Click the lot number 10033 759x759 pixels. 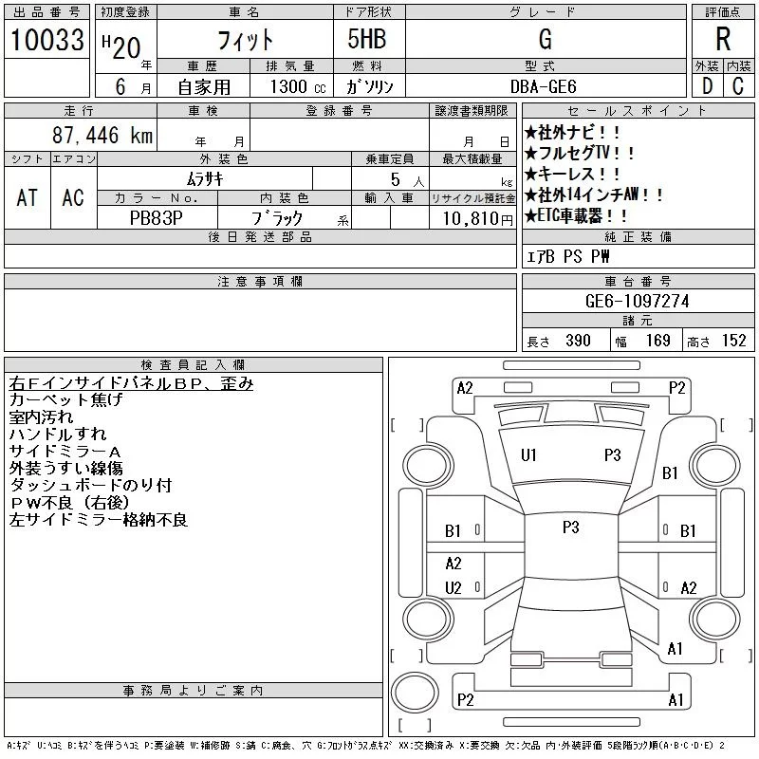(47, 40)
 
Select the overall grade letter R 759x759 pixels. (723, 39)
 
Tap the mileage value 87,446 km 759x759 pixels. (102, 135)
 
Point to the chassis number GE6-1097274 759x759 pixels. (637, 301)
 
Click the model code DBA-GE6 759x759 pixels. (543, 86)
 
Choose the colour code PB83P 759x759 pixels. (156, 218)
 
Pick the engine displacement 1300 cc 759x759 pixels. (298, 86)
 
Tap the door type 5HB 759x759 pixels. (367, 39)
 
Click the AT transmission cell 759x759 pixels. (28, 197)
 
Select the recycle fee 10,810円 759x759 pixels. (478, 219)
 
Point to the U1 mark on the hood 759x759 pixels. (528, 455)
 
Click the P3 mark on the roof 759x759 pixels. (571, 528)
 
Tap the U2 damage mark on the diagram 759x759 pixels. (454, 587)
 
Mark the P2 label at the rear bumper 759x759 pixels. (466, 700)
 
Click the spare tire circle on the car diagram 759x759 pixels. (415, 692)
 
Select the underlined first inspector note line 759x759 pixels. (131, 383)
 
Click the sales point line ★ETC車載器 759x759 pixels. (575, 215)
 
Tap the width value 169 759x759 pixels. (657, 341)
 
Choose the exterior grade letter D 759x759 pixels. (707, 86)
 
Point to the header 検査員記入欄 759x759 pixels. (193, 364)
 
